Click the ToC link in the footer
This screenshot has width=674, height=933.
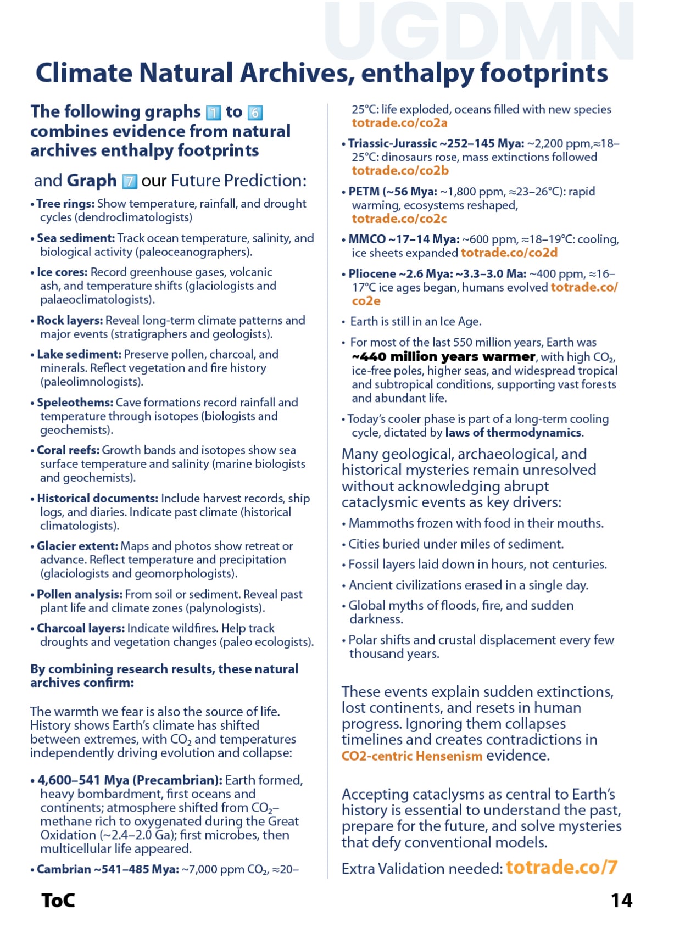point(58,901)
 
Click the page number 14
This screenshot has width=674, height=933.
point(621,901)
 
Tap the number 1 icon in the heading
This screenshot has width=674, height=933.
point(213,113)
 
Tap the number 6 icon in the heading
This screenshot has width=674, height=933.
point(255,113)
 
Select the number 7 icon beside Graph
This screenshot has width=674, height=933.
point(129,181)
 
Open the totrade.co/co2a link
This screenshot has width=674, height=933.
point(399,123)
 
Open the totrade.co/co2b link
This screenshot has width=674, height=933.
point(400,171)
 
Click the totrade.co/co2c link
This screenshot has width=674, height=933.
point(399,219)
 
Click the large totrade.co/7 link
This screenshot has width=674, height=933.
point(561,867)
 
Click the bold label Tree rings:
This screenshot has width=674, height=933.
point(65,204)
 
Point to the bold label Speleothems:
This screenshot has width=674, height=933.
point(75,403)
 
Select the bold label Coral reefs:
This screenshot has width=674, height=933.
point(68,450)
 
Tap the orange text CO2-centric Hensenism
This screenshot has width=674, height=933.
point(411,756)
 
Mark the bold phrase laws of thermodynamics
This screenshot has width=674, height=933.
point(513,433)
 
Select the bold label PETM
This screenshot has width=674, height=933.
point(364,192)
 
